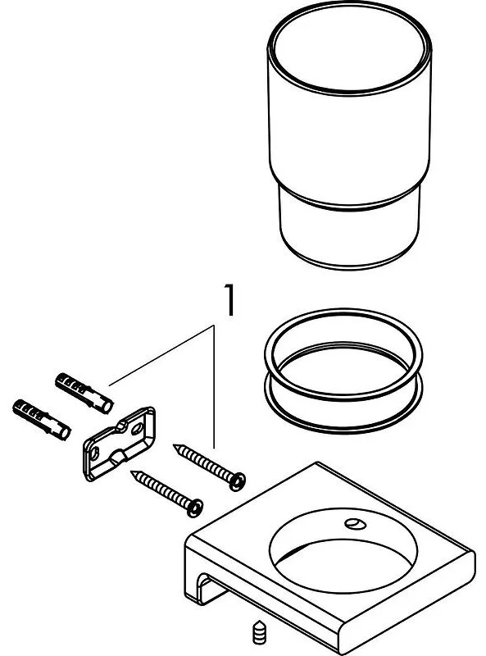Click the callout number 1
click(x=229, y=299)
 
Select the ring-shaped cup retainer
click(x=343, y=371)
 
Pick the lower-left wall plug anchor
click(x=42, y=420)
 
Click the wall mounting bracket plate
click(x=120, y=444)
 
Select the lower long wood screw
click(x=167, y=494)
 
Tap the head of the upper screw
click(x=237, y=481)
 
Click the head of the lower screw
click(x=194, y=508)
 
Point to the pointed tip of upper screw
click(x=174, y=445)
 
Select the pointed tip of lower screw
click(x=132, y=472)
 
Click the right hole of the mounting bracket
click(x=137, y=429)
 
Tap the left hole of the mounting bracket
click(x=94, y=453)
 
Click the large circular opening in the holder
click(x=343, y=550)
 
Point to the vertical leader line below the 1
click(x=214, y=386)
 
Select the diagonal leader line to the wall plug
click(x=161, y=355)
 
